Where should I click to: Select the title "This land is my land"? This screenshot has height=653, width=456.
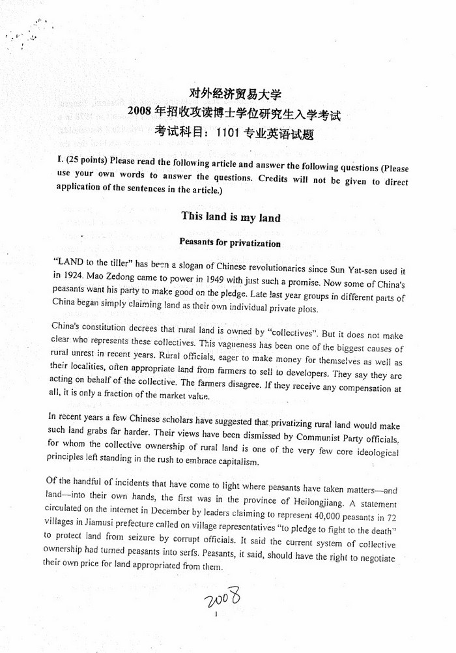[231, 218]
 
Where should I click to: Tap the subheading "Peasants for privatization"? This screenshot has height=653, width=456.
[230, 244]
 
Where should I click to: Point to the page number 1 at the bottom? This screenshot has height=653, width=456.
[215, 615]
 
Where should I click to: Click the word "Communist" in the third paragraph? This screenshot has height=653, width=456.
[321, 437]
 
